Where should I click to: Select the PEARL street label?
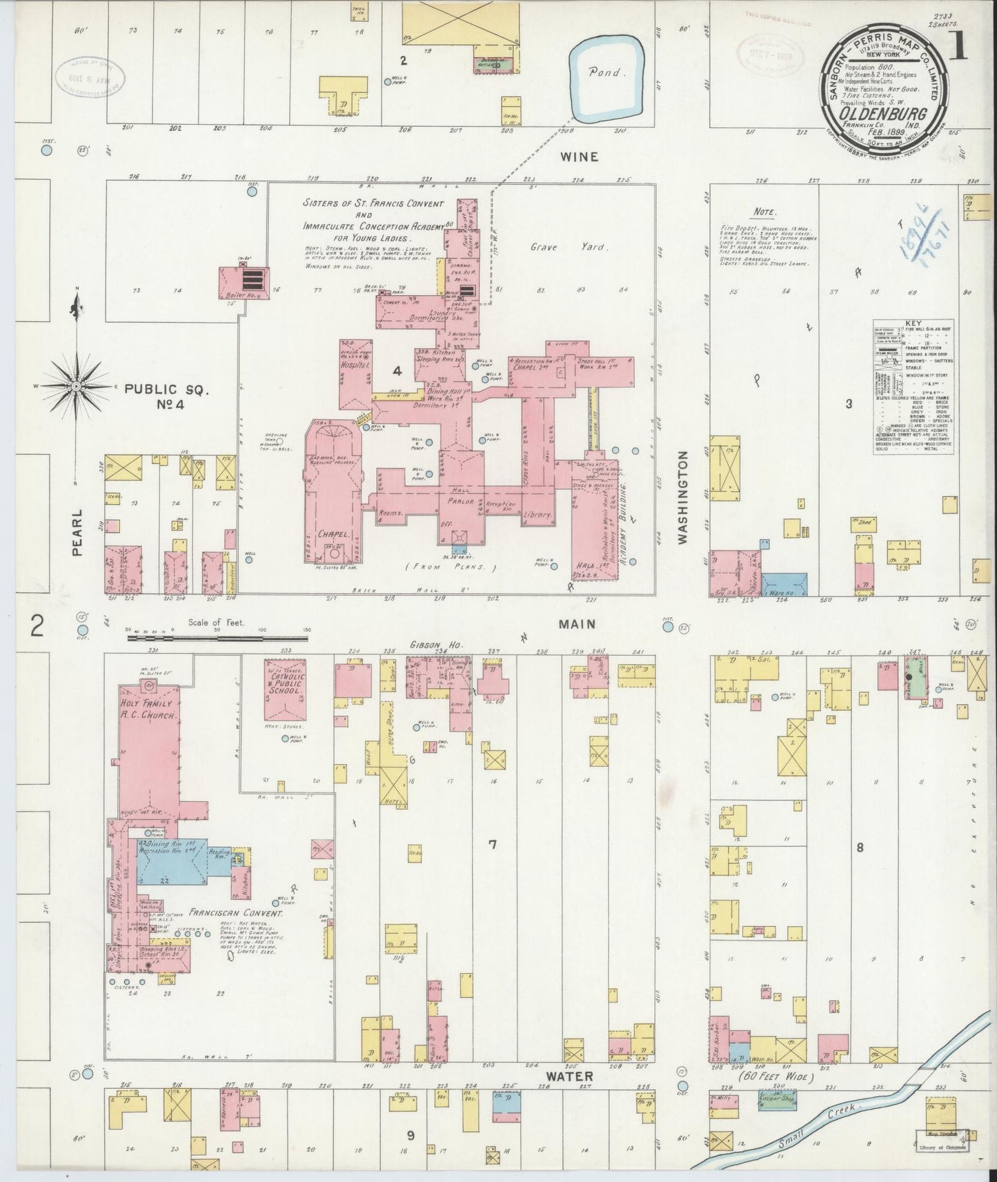point(77,532)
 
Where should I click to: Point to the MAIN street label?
point(577,623)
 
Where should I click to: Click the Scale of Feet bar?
point(218,639)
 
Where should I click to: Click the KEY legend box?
point(916,387)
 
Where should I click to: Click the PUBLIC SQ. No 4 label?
point(166,398)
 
